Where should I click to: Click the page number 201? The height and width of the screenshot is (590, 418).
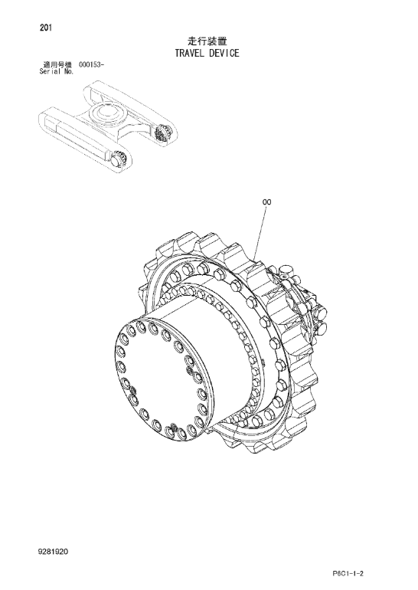(45, 28)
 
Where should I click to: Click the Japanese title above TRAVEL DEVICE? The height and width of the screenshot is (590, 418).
(207, 41)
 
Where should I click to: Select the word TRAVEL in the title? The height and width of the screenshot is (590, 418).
(190, 53)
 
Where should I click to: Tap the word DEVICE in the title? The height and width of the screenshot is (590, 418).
(224, 53)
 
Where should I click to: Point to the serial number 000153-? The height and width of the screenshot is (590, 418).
(91, 64)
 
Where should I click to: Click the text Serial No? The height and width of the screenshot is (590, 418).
(57, 71)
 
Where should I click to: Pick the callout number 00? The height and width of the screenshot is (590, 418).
(266, 202)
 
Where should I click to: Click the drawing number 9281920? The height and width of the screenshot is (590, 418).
(53, 552)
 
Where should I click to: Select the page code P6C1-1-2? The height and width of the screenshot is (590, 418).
(348, 574)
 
